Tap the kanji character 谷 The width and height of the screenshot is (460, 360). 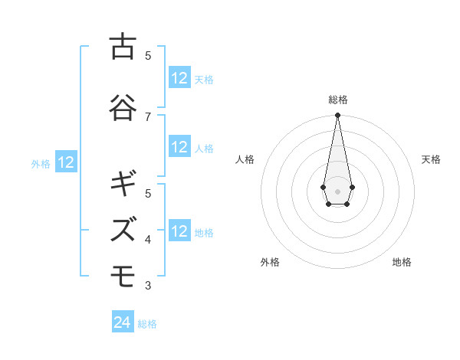click(x=122, y=106)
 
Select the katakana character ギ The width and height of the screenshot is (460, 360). click(x=122, y=184)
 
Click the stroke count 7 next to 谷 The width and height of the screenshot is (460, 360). click(x=148, y=116)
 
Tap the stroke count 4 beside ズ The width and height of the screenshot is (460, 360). click(x=148, y=240)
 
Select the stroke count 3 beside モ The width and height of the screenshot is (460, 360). click(x=148, y=286)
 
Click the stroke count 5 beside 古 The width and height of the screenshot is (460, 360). click(x=148, y=55)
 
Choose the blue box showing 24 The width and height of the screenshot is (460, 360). click(x=123, y=323)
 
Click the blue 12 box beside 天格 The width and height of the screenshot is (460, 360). click(x=179, y=78)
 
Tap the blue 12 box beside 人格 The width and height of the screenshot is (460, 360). click(x=179, y=147)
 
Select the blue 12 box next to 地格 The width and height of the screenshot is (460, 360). click(x=179, y=231)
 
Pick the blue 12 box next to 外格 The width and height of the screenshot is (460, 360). click(x=66, y=162)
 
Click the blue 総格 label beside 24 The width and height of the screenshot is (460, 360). click(x=147, y=324)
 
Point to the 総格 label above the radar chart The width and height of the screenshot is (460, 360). click(x=337, y=100)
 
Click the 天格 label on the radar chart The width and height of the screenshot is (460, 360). click(x=431, y=159)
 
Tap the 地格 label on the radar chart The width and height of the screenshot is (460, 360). click(x=402, y=262)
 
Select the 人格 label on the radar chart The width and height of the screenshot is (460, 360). click(x=245, y=159)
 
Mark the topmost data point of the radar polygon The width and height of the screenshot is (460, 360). click(x=337, y=116)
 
